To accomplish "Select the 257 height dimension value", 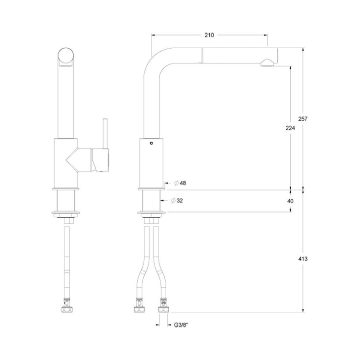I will click(x=302, y=119).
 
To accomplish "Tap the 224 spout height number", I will click(x=290, y=128).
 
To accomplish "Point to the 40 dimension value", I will click(x=290, y=201).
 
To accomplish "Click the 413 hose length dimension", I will click(x=302, y=259).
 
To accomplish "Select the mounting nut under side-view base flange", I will click(x=151, y=220).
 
